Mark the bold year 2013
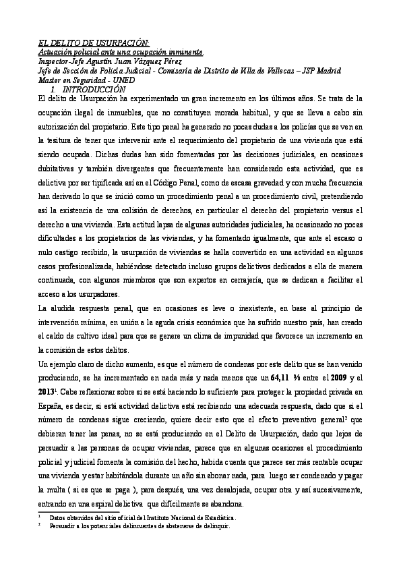pos(47,391)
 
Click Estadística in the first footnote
pos(215,517)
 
